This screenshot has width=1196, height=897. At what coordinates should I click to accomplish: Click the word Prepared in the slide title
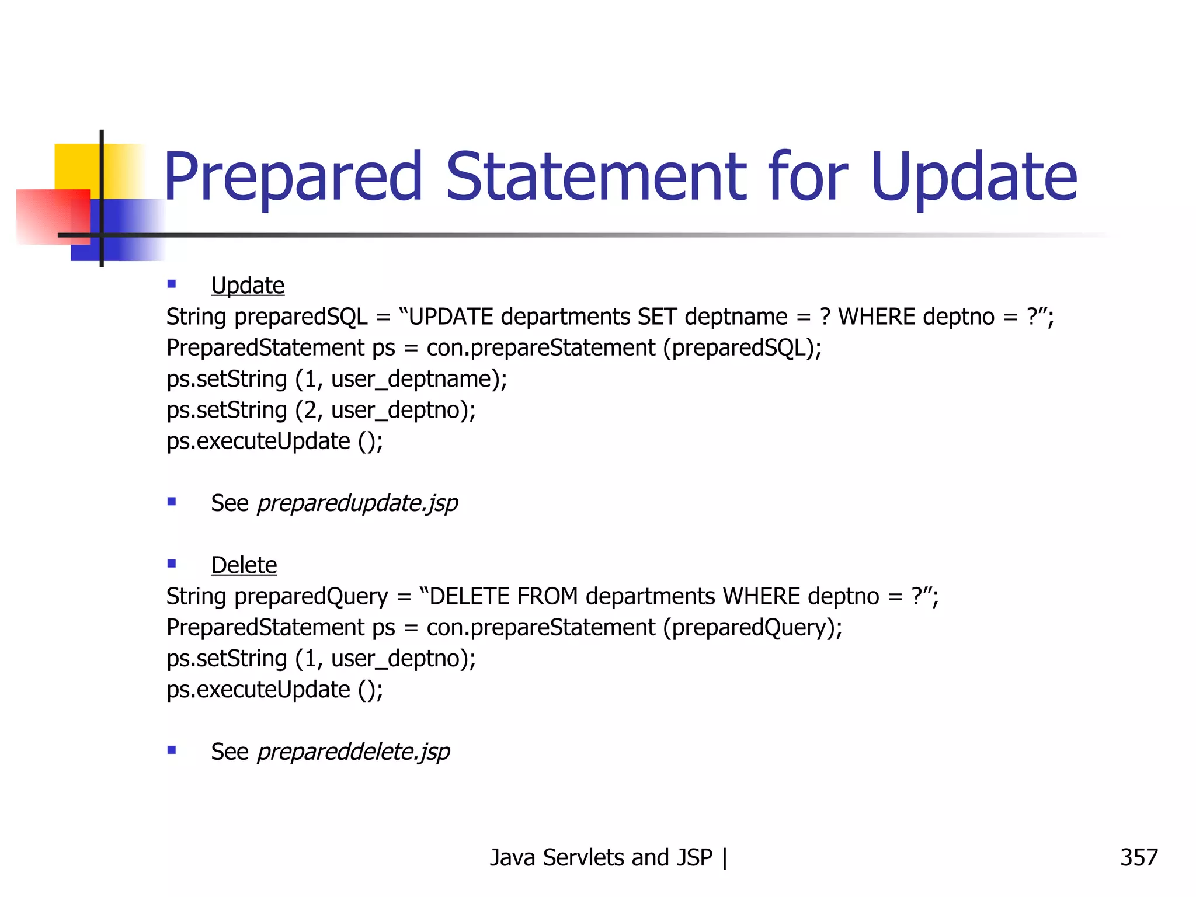[x=292, y=177]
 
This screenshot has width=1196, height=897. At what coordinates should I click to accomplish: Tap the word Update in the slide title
[x=974, y=177]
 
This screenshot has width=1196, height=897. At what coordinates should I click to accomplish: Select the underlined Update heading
[x=248, y=286]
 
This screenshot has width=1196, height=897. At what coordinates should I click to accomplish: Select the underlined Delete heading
[x=244, y=565]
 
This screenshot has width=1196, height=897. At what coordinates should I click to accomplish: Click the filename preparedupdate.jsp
[x=357, y=503]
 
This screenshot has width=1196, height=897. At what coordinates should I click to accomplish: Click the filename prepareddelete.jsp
[x=353, y=752]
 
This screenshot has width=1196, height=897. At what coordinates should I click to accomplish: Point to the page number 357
[x=1138, y=858]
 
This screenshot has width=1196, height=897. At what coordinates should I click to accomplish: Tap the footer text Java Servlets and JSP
[x=601, y=858]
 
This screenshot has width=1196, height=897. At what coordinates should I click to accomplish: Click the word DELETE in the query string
[x=470, y=597]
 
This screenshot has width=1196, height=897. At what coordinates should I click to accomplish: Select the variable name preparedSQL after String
[x=301, y=317]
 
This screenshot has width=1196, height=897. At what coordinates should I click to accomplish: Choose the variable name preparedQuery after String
[x=311, y=597]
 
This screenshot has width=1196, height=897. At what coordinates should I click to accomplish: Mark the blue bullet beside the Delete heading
[x=172, y=564]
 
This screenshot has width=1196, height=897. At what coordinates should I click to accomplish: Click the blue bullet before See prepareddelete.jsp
[x=172, y=750]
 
